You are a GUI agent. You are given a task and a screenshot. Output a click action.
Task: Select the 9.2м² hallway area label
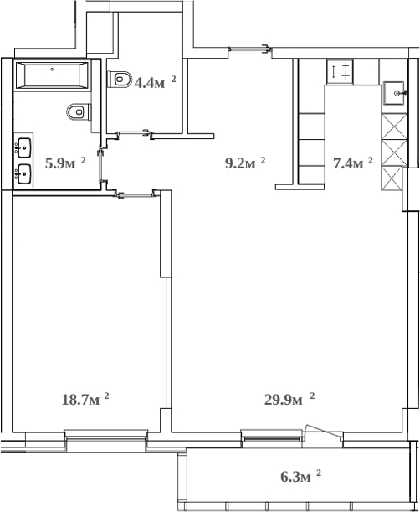(244, 163)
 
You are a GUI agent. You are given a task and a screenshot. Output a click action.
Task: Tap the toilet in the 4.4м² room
(121, 80)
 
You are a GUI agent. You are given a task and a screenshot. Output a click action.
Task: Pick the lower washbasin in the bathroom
(23, 173)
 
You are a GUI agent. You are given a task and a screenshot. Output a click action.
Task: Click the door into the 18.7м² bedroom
(137, 195)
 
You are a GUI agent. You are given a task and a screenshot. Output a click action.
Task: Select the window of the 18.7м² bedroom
(106, 433)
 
